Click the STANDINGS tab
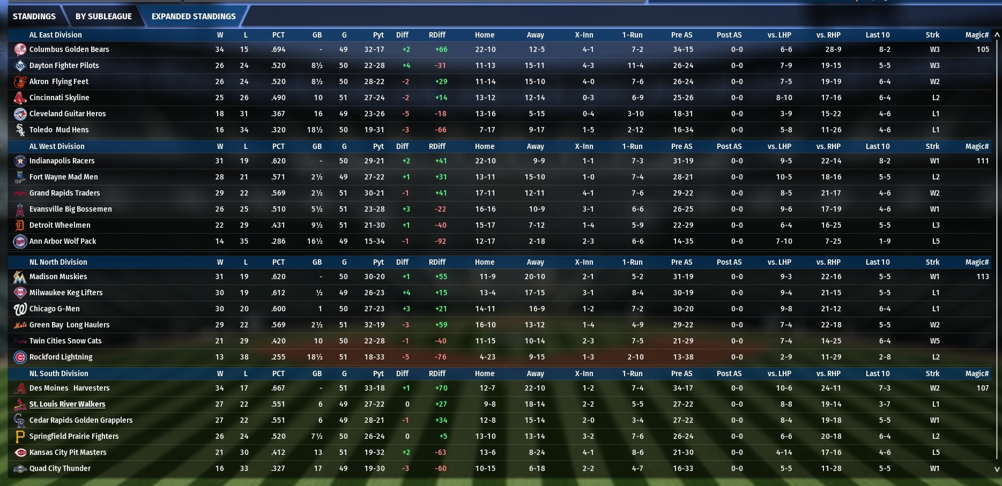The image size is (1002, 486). click(34, 16)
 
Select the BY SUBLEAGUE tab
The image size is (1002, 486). click(103, 16)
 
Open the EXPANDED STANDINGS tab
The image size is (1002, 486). click(194, 16)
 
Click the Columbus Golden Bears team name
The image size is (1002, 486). click(69, 49)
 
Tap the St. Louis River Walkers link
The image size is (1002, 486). click(67, 404)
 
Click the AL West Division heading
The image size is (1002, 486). click(57, 146)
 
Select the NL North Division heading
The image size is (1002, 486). click(58, 262)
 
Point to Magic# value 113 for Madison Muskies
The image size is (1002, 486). click(982, 276)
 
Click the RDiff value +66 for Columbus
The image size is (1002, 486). click(441, 49)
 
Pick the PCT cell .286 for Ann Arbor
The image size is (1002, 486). click(278, 241)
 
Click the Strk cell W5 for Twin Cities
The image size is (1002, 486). click(934, 341)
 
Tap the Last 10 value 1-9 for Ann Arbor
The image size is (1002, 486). click(885, 241)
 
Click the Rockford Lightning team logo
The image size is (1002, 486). click(20, 357)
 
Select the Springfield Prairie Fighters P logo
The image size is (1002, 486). click(20, 436)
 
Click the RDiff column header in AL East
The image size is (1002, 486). click(437, 35)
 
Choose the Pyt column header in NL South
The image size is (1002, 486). click(378, 373)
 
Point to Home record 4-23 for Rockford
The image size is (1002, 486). click(487, 357)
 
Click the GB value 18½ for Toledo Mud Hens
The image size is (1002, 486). click(315, 130)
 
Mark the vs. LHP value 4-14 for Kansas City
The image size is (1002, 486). click(784, 452)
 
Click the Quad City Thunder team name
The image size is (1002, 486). click(60, 468)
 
